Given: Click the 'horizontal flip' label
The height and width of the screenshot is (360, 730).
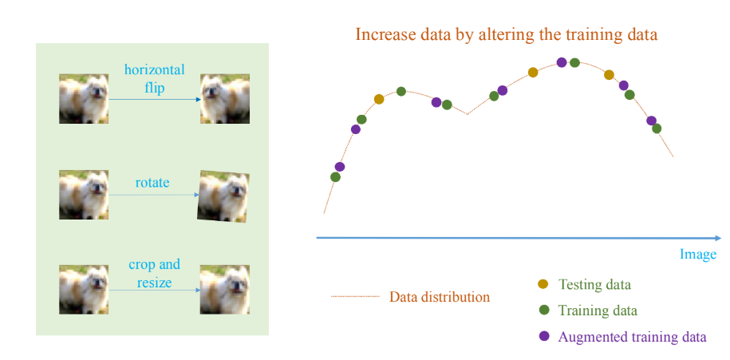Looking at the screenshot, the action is point(154,78).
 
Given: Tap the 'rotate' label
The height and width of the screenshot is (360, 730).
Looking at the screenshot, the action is point(152,182).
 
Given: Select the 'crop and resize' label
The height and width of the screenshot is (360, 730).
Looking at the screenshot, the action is point(154,273).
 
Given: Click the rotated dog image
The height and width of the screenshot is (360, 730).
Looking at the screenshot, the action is point(223,195).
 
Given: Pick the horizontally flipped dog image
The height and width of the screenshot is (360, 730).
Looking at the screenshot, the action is point(225,99).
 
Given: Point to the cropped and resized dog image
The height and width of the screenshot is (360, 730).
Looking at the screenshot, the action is point(225,290).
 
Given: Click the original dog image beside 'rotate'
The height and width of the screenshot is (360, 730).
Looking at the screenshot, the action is point(84,195).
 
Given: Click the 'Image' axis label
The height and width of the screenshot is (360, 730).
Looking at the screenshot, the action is point(698,255).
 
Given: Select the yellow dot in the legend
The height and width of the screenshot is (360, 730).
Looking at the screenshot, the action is point(543,283).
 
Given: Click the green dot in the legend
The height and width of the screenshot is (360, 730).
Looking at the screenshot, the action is point(543,310).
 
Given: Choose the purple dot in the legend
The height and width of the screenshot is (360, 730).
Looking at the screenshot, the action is point(543,336).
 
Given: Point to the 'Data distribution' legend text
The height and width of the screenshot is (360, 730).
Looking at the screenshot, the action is point(440,297).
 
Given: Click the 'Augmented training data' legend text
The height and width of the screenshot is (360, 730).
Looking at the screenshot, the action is point(632,337).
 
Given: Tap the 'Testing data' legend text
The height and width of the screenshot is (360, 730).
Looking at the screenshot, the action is point(594,284).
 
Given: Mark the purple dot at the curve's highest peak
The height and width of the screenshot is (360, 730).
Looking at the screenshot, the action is point(562,62).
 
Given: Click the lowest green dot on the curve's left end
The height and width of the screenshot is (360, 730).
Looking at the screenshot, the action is point(335,177).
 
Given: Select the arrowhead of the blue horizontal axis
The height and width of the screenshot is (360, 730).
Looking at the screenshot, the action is point(718,238).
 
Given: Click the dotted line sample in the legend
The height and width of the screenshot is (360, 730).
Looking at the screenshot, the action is point(355,296).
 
